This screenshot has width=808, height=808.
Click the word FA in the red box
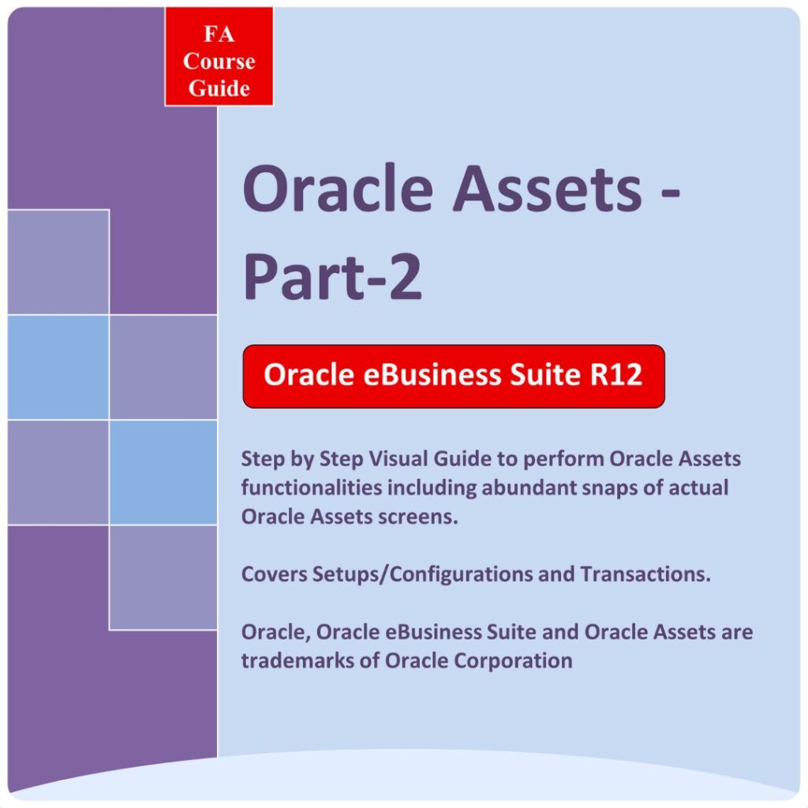click(219, 35)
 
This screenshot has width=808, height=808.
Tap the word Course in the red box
click(219, 62)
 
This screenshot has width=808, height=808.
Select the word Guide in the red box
click(219, 88)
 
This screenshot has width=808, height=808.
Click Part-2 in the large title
click(332, 275)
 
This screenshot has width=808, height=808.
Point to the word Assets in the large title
click(548, 188)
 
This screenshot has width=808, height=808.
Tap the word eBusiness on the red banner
click(432, 374)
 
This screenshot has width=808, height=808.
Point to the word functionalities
click(312, 488)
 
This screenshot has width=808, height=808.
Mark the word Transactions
click(645, 574)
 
